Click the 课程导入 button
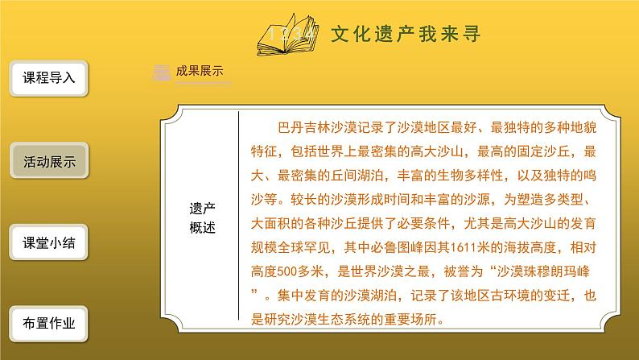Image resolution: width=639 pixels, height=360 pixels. pos(48,79)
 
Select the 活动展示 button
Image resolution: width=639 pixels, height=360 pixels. pos(48,161)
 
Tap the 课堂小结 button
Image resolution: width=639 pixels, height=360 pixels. pos(48,242)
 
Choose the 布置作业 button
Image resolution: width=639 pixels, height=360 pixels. pos(48,324)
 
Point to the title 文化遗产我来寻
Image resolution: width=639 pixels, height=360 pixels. pos(406,35)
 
